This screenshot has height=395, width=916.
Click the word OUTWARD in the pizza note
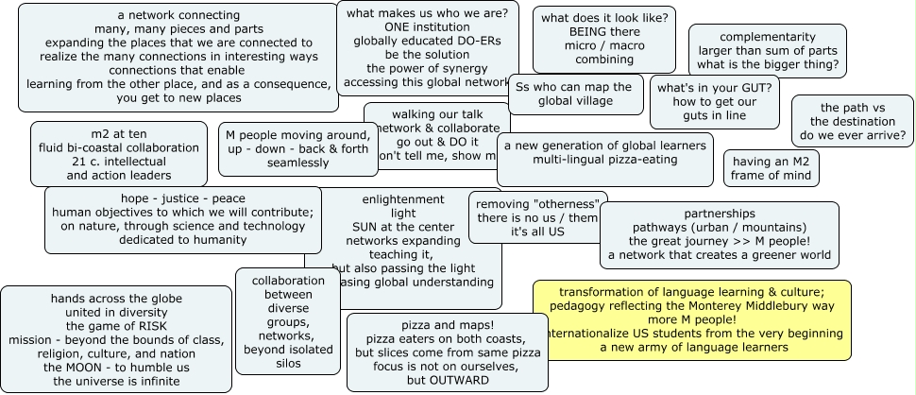coord(461,380)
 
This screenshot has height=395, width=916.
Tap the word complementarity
coord(768,36)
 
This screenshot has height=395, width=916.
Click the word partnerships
coord(720,214)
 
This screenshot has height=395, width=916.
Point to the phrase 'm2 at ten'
coord(120,133)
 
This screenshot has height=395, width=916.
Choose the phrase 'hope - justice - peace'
coord(182,198)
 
